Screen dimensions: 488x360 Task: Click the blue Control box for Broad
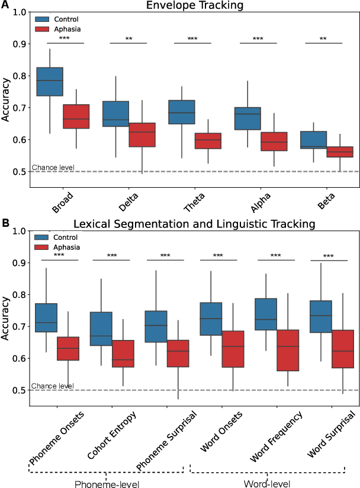pyautogui.click(x=50, y=82)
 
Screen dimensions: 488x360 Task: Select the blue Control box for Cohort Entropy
pyautogui.click(x=101, y=329)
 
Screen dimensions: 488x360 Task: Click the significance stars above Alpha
pyautogui.click(x=258, y=39)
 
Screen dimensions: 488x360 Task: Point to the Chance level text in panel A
pyautogui.click(x=53, y=168)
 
